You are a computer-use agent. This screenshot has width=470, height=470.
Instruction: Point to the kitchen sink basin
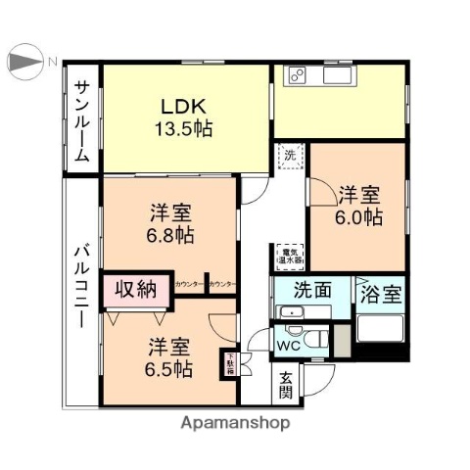point(335,75)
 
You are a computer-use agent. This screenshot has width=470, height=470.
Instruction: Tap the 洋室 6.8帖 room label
point(170,223)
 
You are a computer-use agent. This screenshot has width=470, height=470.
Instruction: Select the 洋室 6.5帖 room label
point(169,357)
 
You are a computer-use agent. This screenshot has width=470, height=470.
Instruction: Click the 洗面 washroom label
point(308,291)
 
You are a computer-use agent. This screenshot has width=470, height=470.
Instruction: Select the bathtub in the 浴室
point(380,329)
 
